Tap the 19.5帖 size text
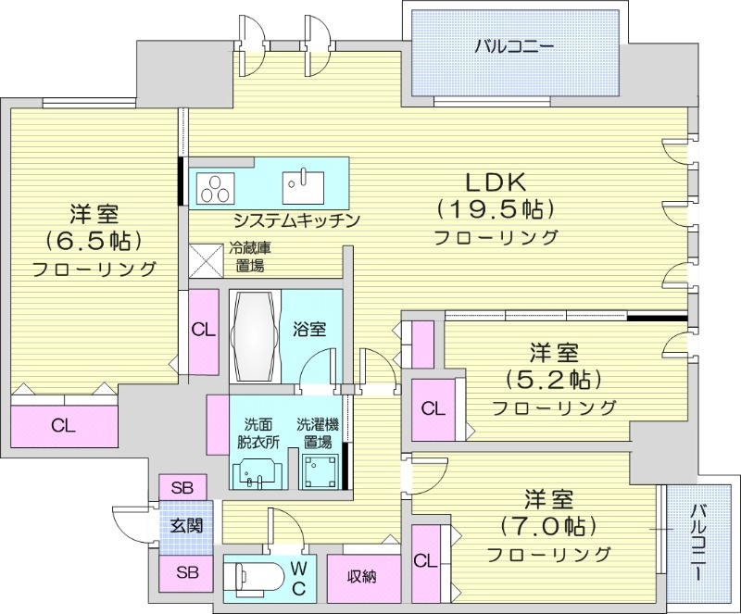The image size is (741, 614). [x=496, y=207]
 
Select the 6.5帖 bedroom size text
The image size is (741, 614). [x=93, y=241]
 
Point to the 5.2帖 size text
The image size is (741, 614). [x=554, y=379]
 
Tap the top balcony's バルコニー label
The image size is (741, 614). [x=516, y=45]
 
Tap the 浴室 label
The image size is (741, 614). [x=309, y=328]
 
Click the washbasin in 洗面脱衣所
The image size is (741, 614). [x=257, y=472]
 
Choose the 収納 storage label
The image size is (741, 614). [x=362, y=577]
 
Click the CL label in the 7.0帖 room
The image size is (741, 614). [x=426, y=560]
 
